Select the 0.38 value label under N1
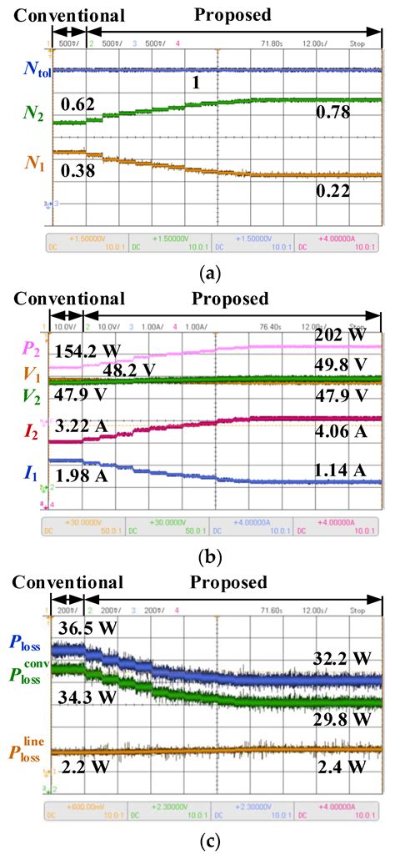click(x=77, y=170)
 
